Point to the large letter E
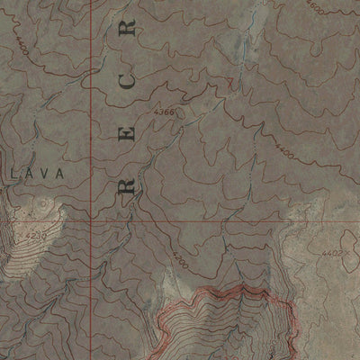(x=127, y=137)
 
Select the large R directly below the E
(x=127, y=187)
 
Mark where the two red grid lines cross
(x=93, y=219)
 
